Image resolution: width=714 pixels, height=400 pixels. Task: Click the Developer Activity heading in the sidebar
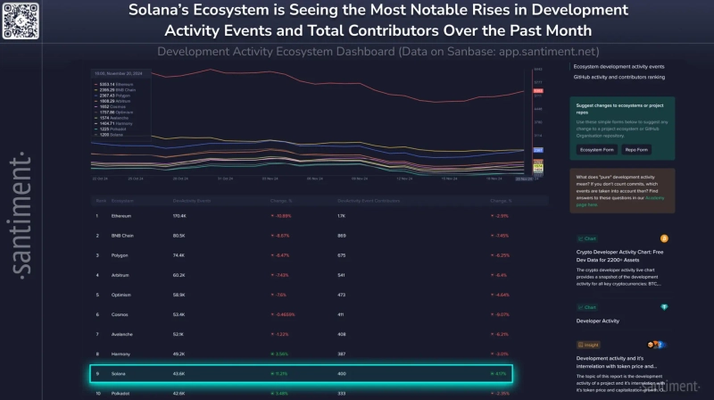click(598, 319)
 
